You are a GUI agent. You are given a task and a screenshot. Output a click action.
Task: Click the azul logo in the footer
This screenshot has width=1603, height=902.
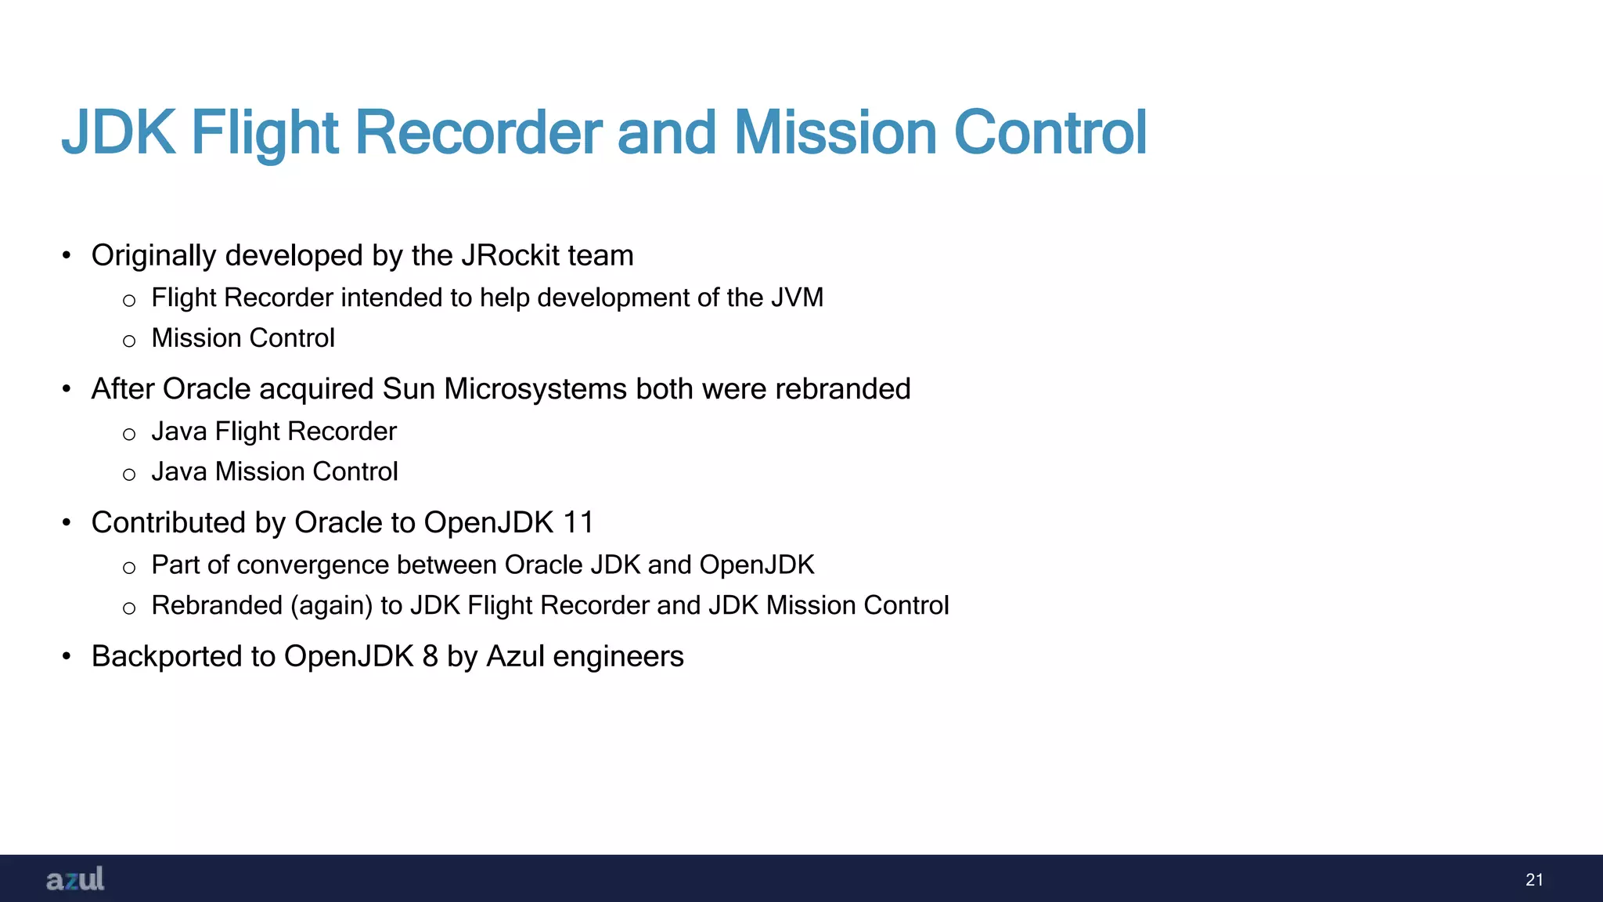point(75,879)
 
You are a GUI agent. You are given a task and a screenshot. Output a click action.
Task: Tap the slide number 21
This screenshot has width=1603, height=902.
point(1534,879)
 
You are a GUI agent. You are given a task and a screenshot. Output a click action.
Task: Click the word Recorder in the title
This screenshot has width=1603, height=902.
point(478,132)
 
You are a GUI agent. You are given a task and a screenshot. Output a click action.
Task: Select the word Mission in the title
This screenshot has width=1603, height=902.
point(834,132)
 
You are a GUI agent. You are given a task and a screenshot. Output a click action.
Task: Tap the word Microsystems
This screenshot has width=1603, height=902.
point(535,389)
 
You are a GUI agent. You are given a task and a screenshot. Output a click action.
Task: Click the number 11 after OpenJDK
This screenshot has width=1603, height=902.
point(578,522)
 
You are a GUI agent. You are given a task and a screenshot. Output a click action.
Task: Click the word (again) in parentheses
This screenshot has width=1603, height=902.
point(331,606)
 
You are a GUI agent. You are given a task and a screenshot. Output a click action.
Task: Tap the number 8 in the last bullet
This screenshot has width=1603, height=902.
point(430,656)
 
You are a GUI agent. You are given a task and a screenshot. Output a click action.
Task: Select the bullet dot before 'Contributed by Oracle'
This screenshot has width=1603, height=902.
point(67,523)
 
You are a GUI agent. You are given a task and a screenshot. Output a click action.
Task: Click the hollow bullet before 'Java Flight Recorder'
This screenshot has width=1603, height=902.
point(129,434)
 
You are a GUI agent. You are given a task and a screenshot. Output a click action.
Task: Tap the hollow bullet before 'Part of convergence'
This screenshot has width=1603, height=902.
point(129,568)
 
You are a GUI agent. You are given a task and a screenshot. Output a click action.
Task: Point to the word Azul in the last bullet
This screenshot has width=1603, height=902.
point(515,656)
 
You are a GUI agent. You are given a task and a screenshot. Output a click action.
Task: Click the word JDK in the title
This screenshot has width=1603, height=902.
point(119,132)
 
